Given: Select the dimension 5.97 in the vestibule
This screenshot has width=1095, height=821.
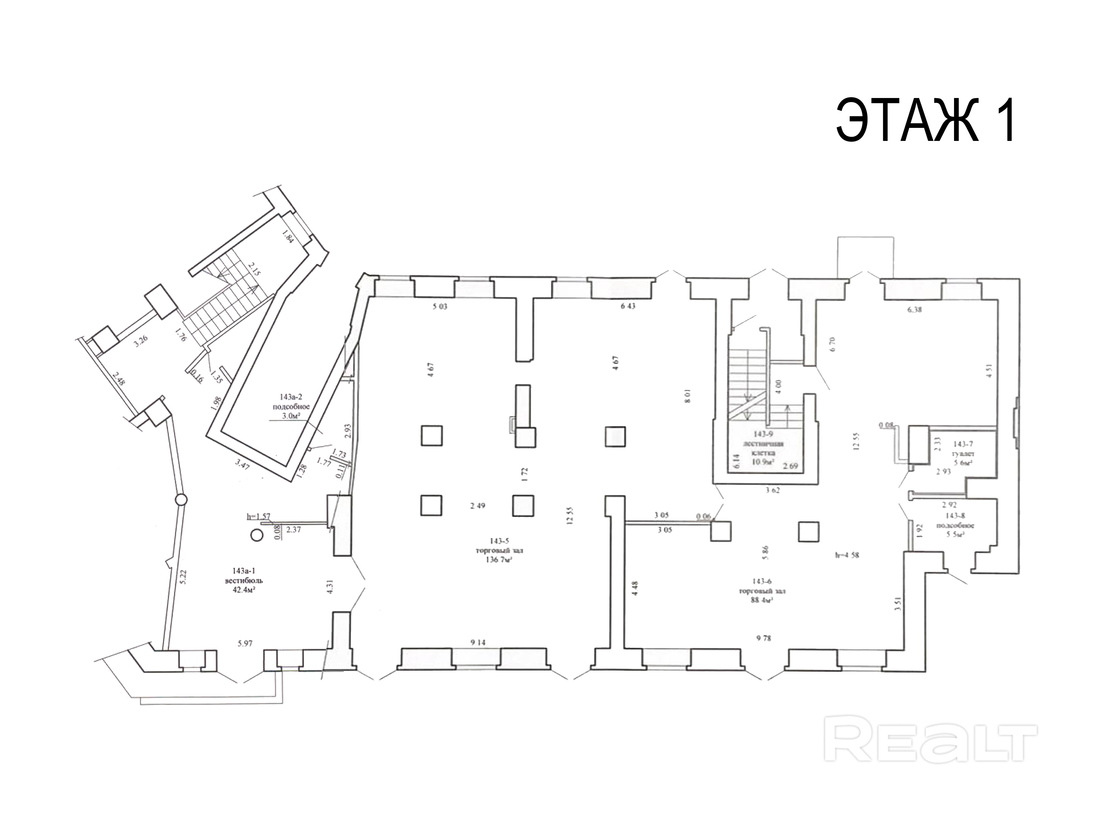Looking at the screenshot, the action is pyautogui.click(x=245, y=643).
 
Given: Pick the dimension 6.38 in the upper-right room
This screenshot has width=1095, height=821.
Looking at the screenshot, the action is pyautogui.click(x=914, y=310).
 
